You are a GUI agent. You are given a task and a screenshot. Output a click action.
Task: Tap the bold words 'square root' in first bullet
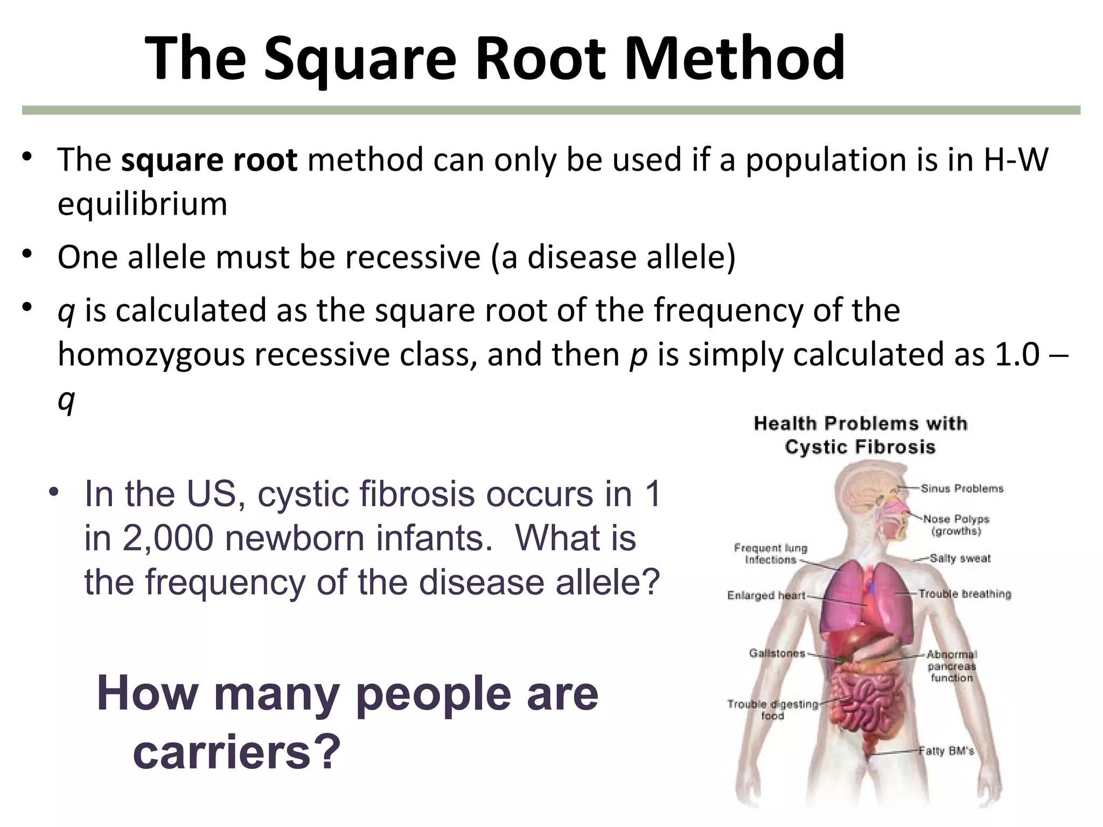[209, 160]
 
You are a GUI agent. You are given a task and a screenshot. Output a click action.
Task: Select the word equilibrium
[142, 205]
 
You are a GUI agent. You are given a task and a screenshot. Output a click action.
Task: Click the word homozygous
[151, 355]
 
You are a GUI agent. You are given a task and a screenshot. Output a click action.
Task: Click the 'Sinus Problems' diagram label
[961, 489]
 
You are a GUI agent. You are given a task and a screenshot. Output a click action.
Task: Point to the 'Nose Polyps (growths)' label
[956, 525]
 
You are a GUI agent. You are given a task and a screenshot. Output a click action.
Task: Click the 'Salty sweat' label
[960, 558]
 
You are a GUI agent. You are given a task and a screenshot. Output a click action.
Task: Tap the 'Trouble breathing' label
[965, 594]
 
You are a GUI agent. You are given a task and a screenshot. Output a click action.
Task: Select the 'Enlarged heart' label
[765, 595]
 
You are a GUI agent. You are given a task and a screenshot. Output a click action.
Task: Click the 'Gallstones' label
[777, 654]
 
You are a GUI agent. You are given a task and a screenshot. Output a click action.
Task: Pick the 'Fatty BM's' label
[946, 751]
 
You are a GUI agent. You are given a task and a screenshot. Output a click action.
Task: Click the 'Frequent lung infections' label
[770, 554]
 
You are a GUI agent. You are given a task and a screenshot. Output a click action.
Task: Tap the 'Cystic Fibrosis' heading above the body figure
[860, 447]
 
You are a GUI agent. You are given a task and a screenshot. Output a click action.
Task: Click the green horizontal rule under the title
[551, 110]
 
